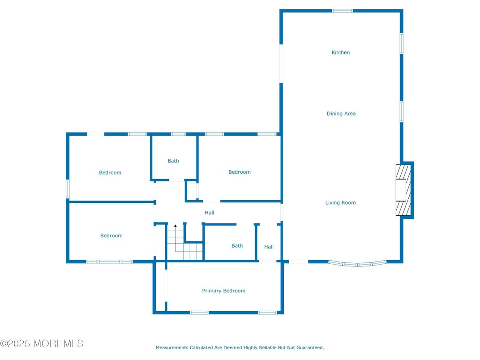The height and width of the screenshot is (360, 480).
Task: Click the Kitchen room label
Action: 340,53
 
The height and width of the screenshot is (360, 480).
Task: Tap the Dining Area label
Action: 341,114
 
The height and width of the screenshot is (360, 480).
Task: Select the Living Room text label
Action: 340,203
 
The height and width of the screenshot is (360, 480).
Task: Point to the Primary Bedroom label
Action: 223,291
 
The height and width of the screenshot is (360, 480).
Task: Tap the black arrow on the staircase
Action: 176,227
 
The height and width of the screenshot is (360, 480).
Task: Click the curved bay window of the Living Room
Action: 357,264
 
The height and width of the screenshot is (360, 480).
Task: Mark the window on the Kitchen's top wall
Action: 342,11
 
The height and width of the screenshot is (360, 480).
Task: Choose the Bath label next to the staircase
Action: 237,246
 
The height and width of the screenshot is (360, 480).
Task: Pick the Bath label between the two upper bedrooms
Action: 173,161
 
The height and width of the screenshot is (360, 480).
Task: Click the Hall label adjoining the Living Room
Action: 269,247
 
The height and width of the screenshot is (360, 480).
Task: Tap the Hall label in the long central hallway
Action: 209,213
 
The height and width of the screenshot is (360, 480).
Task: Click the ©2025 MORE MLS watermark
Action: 42,344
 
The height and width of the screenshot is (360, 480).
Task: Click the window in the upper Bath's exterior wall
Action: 178,134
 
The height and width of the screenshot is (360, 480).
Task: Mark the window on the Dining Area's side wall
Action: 402,112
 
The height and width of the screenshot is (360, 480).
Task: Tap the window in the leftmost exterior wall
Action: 68,189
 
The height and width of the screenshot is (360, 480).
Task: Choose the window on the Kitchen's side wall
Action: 402,43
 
